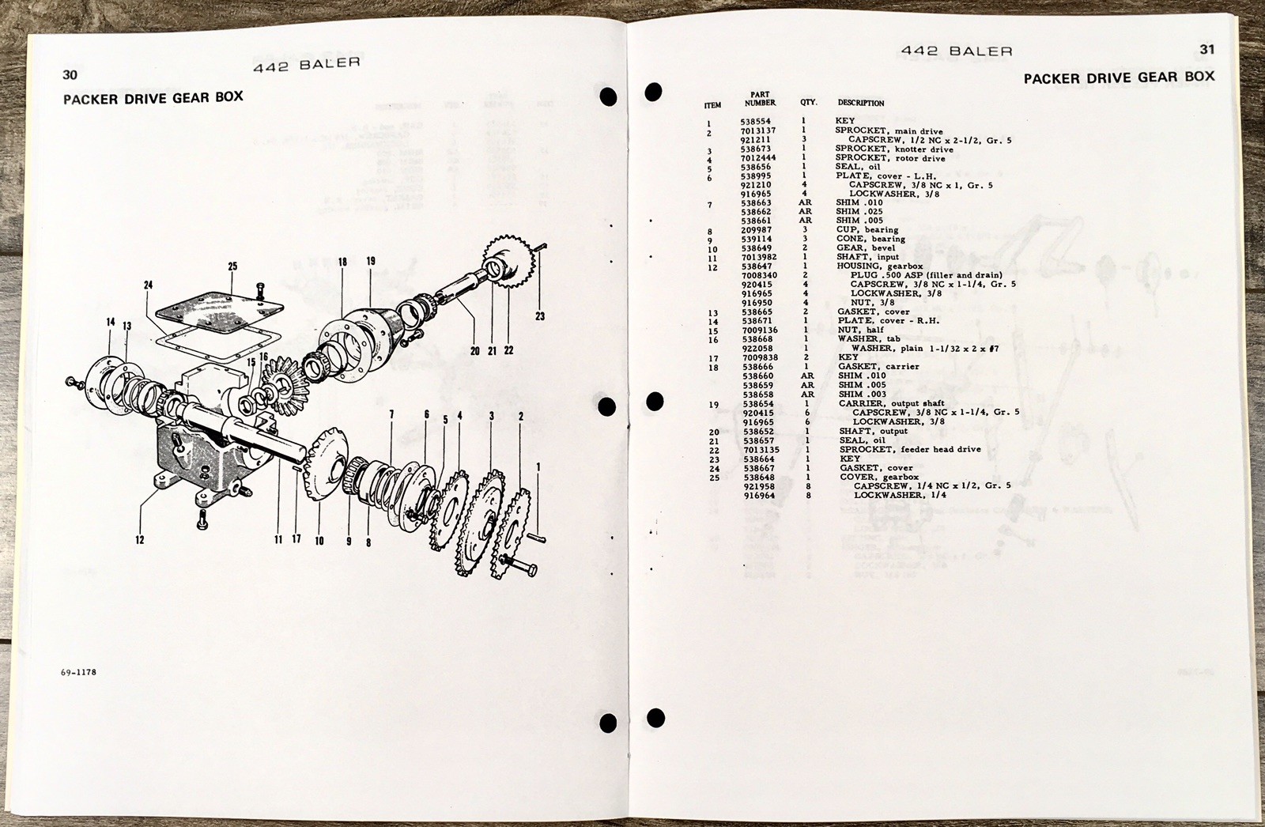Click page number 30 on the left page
70,75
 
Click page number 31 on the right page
1206,49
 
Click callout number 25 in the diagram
232,266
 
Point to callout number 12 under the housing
139,540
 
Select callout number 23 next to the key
540,316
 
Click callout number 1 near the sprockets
538,466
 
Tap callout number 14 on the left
111,322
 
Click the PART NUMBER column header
760,99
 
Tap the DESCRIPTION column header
861,103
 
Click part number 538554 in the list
755,121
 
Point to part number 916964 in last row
758,495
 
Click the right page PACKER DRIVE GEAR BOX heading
1118,77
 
